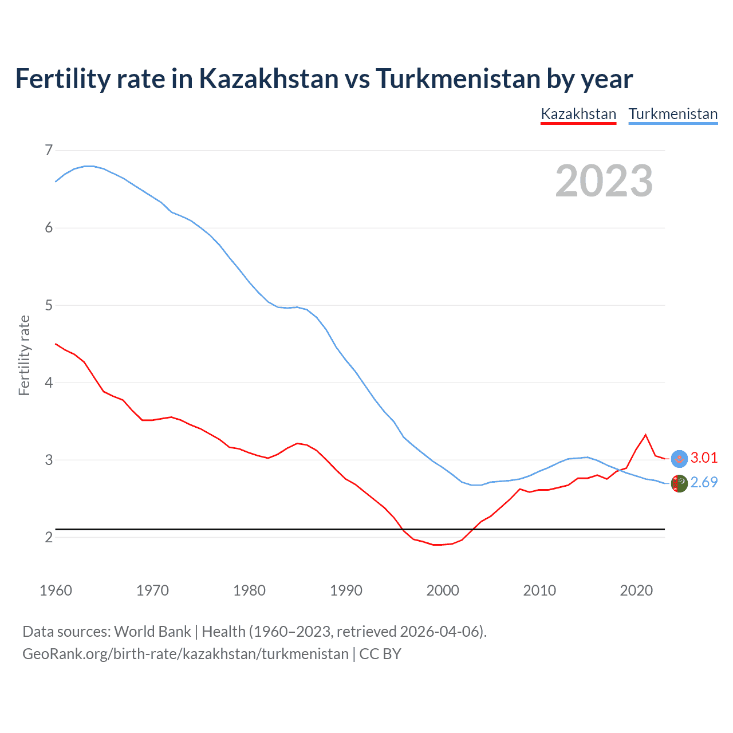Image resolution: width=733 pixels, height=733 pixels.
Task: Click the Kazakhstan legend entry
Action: (578, 114)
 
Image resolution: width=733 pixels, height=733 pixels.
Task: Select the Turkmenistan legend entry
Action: (673, 114)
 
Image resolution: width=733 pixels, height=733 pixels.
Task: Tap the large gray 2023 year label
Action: (604, 181)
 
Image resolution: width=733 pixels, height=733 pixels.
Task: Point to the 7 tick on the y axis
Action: (49, 150)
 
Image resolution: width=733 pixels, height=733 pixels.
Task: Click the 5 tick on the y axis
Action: (49, 305)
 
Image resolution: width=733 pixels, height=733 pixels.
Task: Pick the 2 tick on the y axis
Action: (49, 537)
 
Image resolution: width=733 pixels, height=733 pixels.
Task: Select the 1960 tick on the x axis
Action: (56, 590)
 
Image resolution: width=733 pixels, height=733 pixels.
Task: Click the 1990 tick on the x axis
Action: (346, 590)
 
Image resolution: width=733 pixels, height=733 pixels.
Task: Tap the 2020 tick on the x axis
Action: (636, 590)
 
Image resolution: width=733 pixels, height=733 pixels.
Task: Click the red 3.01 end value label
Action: (704, 458)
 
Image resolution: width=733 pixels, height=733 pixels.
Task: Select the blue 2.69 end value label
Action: (704, 483)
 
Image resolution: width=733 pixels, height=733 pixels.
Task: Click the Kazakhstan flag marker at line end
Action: (679, 459)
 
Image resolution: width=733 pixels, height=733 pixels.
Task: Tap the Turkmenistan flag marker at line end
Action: (679, 484)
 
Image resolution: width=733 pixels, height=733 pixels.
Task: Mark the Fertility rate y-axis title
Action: (24, 355)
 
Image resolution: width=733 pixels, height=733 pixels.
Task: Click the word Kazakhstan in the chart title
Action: (269, 79)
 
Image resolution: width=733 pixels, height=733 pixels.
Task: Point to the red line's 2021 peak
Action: (646, 435)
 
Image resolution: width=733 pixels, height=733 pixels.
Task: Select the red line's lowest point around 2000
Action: (438, 545)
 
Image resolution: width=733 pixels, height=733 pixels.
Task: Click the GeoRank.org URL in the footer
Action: (185, 654)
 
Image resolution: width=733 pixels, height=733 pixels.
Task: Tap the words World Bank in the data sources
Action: (152, 632)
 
